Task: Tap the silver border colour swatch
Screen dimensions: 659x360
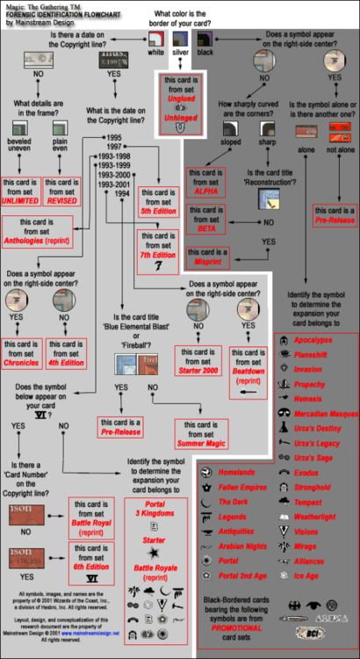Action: pos(181,39)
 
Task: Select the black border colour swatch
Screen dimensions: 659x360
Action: pos(205,39)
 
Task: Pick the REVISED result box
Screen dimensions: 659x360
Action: pos(64,192)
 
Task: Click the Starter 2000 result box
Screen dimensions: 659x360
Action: pos(198,359)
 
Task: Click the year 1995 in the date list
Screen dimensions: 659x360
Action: pos(112,139)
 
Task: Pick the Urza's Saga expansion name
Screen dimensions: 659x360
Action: pos(314,459)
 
